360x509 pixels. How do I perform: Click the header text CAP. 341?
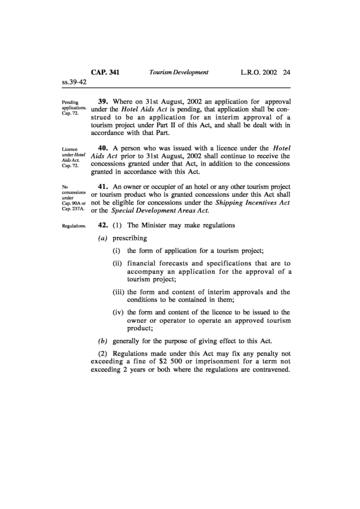click(x=105, y=72)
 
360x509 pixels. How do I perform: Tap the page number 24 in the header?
click(x=287, y=72)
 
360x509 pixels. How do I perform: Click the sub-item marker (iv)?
click(x=119, y=312)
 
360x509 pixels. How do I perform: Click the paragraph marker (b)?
click(x=103, y=341)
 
